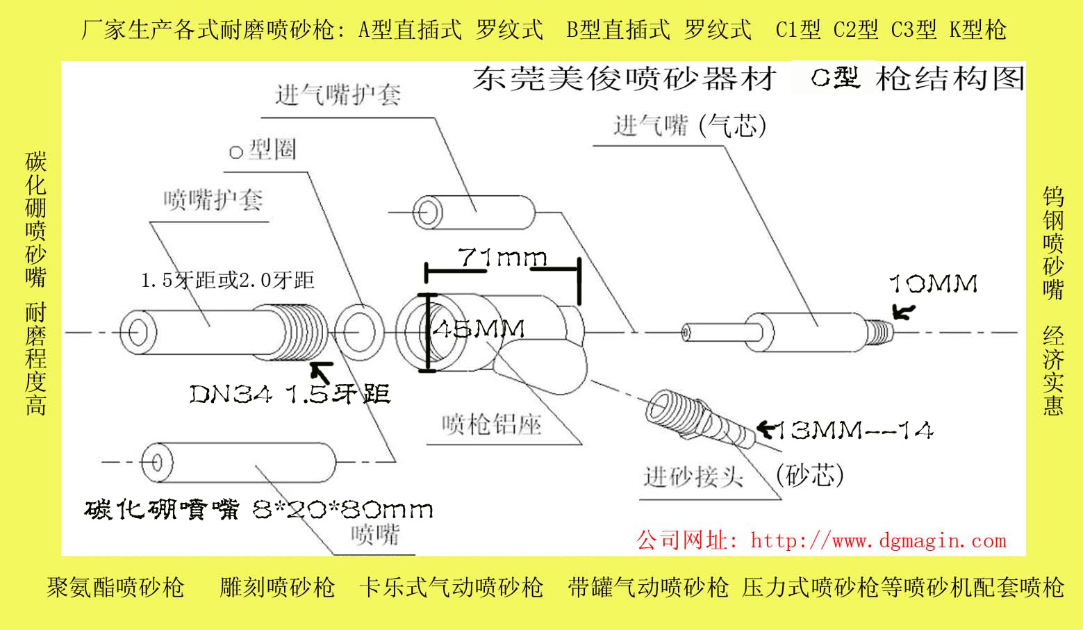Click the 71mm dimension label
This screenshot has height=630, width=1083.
pyautogui.click(x=502, y=258)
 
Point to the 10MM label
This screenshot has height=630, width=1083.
pyautogui.click(x=934, y=283)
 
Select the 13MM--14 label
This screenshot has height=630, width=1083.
pyautogui.click(x=854, y=431)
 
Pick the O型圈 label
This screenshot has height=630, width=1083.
pyautogui.click(x=263, y=149)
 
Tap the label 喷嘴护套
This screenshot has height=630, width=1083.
pyautogui.click(x=213, y=201)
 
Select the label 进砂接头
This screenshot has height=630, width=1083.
pyautogui.click(x=693, y=476)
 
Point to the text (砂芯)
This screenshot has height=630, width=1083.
pyautogui.click(x=809, y=475)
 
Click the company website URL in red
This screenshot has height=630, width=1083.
pyautogui.click(x=821, y=540)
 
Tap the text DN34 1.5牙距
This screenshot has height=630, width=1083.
pyautogui.click(x=290, y=395)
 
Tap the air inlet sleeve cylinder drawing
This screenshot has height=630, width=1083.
pyautogui.click(x=474, y=211)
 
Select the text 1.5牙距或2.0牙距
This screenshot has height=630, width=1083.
pyautogui.click(x=227, y=281)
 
